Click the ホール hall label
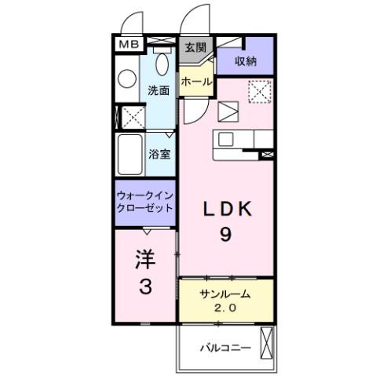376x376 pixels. coord(195,82)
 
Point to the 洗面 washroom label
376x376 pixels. coord(159,90)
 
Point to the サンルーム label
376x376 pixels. coord(225,294)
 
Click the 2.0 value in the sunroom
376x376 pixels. coord(225,307)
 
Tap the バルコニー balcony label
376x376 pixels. coord(224,346)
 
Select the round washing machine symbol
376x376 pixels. coord(127,78)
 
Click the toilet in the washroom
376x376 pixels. coord(162,62)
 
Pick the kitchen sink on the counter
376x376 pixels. coord(228,139)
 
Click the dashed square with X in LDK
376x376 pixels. coord(257,92)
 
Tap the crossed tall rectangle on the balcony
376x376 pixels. coord(268,343)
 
